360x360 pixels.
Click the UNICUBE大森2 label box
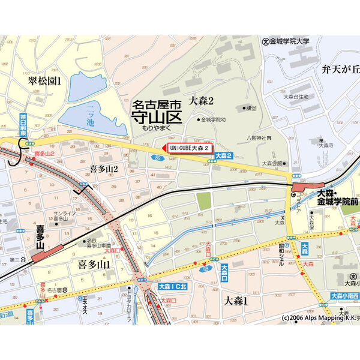pyautogui.click(x=189, y=148)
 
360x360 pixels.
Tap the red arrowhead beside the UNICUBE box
pyautogui.click(x=164, y=148)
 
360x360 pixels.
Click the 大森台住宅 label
pyautogui.click(x=296, y=96)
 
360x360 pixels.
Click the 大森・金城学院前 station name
pyautogui.click(x=337, y=199)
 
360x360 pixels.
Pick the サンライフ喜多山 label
pyautogui.click(x=63, y=217)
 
